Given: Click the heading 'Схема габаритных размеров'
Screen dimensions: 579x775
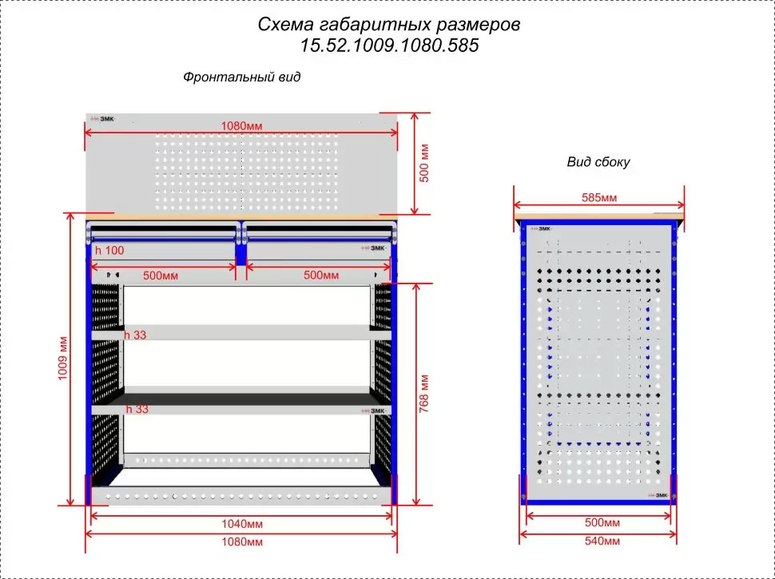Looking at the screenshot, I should click(x=389, y=25).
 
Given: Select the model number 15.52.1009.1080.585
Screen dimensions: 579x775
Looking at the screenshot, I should click(x=389, y=46).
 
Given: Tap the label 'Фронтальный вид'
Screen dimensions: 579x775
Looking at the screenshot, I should click(x=241, y=78).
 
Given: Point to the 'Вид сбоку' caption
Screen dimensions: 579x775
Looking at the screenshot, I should click(x=598, y=162).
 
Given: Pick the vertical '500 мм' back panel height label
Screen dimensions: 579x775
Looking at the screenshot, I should click(x=425, y=163).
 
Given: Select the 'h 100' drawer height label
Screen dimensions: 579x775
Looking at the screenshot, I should click(x=109, y=251).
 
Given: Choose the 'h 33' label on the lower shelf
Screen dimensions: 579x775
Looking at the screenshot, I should click(x=138, y=410).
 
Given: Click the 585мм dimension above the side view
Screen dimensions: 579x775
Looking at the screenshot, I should click(x=598, y=197).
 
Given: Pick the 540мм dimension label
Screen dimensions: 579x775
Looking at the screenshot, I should click(x=598, y=541).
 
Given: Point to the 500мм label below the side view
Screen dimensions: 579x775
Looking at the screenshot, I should click(x=598, y=523).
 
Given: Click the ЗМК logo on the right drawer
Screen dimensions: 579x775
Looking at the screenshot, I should click(x=375, y=249).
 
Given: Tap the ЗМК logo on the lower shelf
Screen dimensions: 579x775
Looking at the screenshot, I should click(x=375, y=410).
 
